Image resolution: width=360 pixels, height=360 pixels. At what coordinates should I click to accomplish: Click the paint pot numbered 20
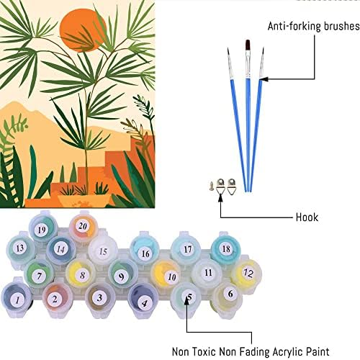[83, 227]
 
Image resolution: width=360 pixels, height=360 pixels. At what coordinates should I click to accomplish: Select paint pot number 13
[20, 248]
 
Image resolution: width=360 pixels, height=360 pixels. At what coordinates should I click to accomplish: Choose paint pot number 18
[225, 248]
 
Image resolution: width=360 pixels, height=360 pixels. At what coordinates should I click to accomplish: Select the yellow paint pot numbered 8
[81, 274]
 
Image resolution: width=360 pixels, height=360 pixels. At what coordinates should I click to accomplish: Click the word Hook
[307, 217]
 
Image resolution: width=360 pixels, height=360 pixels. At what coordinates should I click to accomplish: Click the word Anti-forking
[294, 27]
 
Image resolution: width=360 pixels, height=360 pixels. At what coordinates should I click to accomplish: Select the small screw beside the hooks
[212, 186]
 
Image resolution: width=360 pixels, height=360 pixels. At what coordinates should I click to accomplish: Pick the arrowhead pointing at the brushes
[264, 78]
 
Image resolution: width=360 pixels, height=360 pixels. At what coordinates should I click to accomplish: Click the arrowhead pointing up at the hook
[220, 199]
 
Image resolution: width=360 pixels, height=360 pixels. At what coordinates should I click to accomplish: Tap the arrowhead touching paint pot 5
[187, 302]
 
